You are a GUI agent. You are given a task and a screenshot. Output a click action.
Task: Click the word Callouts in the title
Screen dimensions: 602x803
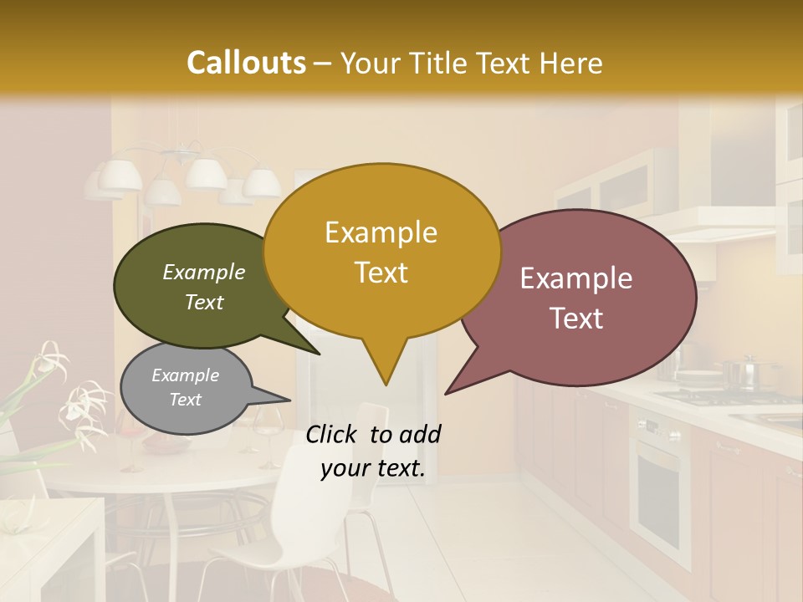tap(246, 64)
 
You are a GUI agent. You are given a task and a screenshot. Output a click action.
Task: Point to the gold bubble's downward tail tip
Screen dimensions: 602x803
tap(386, 384)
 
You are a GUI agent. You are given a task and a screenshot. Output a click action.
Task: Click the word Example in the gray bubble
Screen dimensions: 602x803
tap(186, 375)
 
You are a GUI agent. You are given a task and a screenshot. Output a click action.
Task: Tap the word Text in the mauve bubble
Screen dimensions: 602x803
tap(577, 319)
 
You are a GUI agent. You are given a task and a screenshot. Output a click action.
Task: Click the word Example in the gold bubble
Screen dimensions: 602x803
tap(381, 232)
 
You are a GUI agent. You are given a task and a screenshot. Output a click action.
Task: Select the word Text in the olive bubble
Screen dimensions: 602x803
tap(204, 303)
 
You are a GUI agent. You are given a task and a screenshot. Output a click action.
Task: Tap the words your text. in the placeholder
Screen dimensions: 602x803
tap(373, 469)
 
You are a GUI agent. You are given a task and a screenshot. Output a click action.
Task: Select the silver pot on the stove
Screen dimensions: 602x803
tap(739, 373)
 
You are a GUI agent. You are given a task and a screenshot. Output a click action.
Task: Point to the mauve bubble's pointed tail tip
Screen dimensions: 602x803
tap(447, 393)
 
